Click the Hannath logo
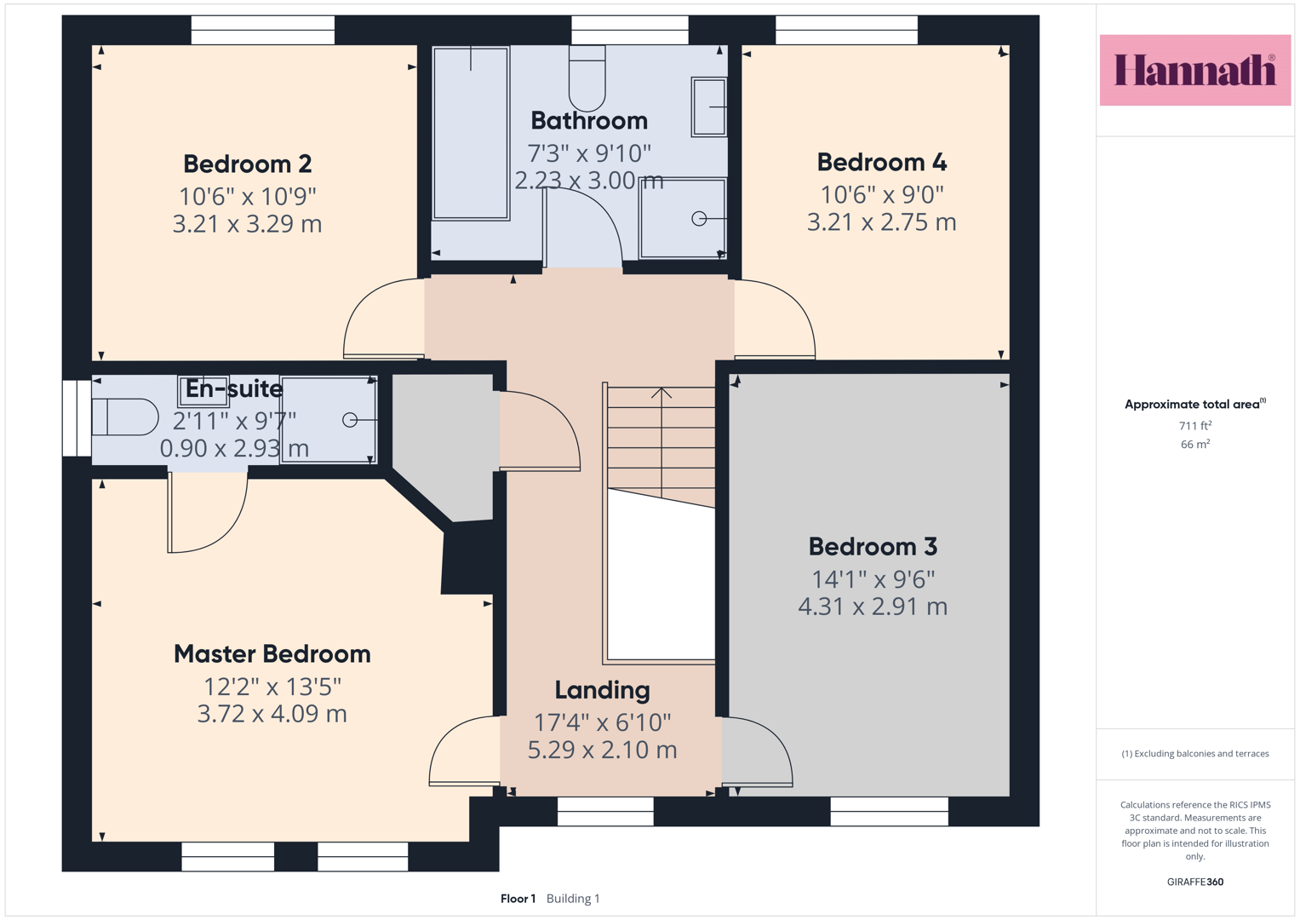[x=1195, y=70]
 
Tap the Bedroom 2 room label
[x=247, y=164]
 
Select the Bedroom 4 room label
[x=881, y=162]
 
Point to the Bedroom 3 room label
[x=873, y=547]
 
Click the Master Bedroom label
[x=272, y=654]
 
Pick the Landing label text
[x=603, y=690]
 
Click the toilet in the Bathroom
[x=587, y=78]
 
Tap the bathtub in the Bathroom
[x=471, y=133]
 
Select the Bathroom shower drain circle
[x=699, y=218]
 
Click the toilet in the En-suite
[x=125, y=417]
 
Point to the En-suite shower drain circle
[x=350, y=419]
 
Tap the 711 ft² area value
[x=1195, y=426]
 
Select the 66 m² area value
[x=1195, y=445]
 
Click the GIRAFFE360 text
[x=1195, y=882]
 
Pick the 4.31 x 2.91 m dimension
[x=873, y=607]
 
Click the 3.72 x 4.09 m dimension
[x=272, y=714]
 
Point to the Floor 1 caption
[x=518, y=899]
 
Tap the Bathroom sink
[x=708, y=106]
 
